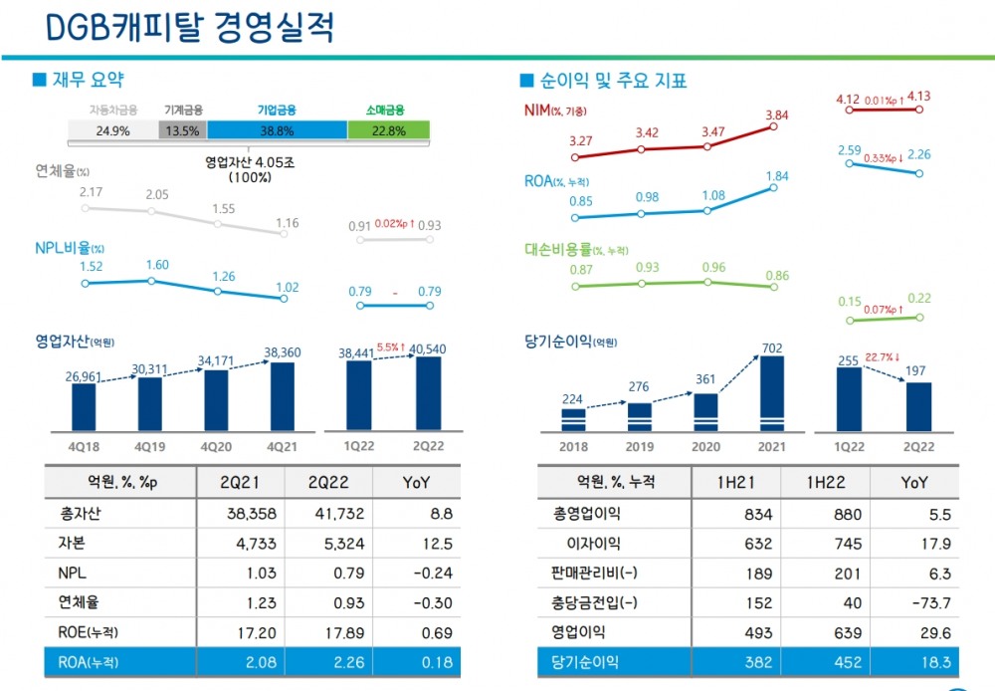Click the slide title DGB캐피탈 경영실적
coord(190,27)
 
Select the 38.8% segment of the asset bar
coord(277,130)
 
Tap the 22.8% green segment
coord(388,130)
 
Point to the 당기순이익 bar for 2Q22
coord(918,406)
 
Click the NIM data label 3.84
coord(776,116)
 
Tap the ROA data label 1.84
coord(776,176)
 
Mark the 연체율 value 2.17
coord(91,191)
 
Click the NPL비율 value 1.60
coord(157,265)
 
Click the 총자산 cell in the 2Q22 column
coord(327,515)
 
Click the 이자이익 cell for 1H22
coord(824,544)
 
